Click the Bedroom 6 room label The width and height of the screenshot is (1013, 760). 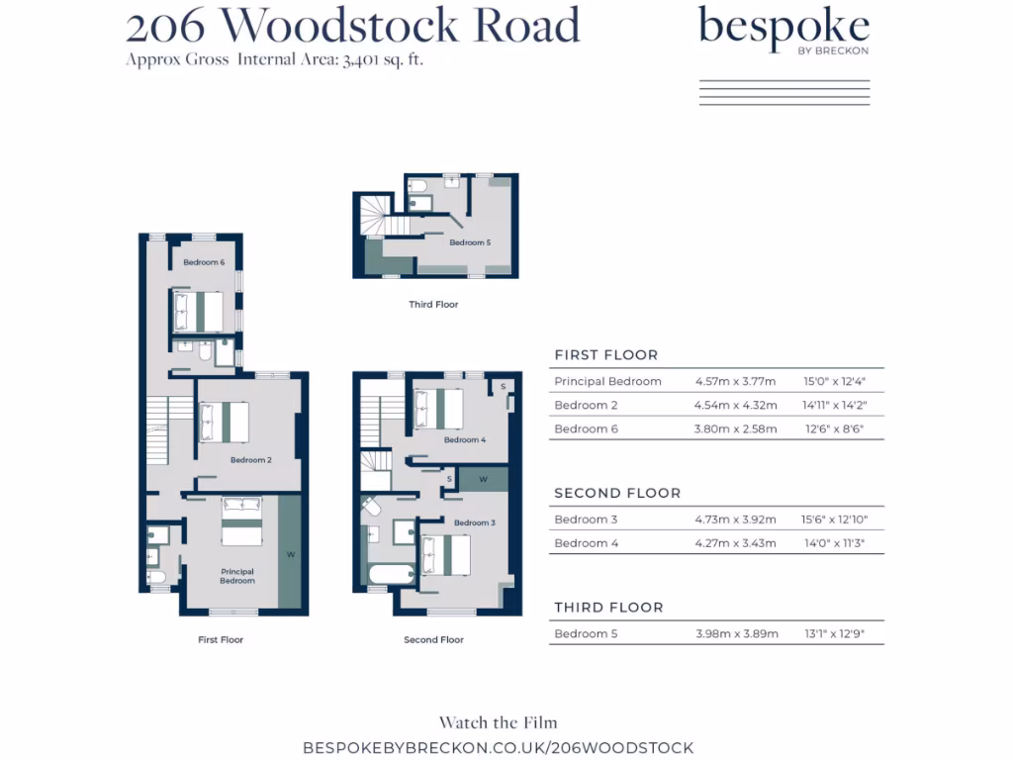pyautogui.click(x=204, y=262)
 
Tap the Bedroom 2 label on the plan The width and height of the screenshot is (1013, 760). pyautogui.click(x=251, y=460)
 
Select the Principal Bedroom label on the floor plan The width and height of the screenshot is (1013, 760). pyautogui.click(x=237, y=576)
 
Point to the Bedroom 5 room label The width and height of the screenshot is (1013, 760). pyautogui.click(x=470, y=242)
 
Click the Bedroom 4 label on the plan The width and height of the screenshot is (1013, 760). pyautogui.click(x=465, y=439)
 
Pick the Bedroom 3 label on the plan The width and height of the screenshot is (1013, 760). pyautogui.click(x=474, y=522)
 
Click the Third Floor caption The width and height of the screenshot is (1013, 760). pyautogui.click(x=433, y=305)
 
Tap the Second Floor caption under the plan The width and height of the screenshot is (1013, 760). pyautogui.click(x=433, y=640)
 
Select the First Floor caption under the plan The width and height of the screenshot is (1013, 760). pyautogui.click(x=221, y=640)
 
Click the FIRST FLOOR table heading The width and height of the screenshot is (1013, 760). pyautogui.click(x=605, y=355)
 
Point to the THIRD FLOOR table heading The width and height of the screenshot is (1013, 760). pyautogui.click(x=608, y=608)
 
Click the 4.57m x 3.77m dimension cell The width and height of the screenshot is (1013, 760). pyautogui.click(x=735, y=382)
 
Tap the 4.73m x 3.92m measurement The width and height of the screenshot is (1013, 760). pyautogui.click(x=736, y=520)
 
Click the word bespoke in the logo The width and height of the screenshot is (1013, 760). pyautogui.click(x=783, y=27)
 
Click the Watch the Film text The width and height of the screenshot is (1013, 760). pyautogui.click(x=498, y=723)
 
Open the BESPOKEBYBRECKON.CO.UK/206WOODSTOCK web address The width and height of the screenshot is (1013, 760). pyautogui.click(x=498, y=748)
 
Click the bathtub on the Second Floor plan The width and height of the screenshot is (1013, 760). pyautogui.click(x=389, y=575)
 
